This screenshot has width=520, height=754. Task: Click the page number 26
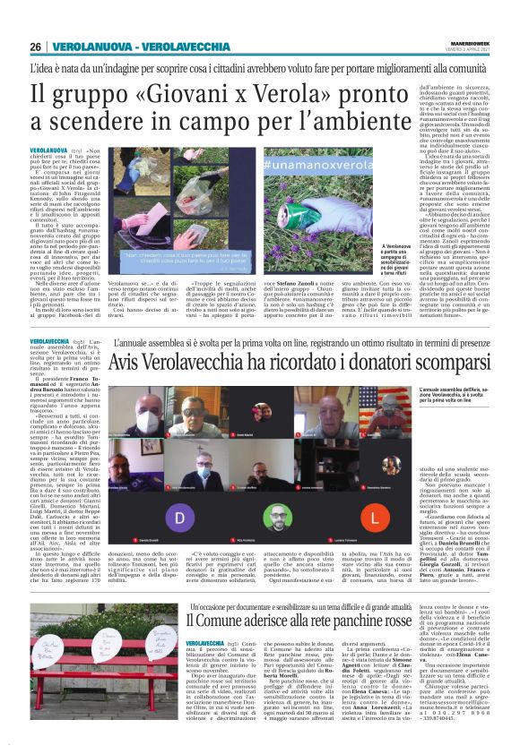pyautogui.click(x=36, y=47)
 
